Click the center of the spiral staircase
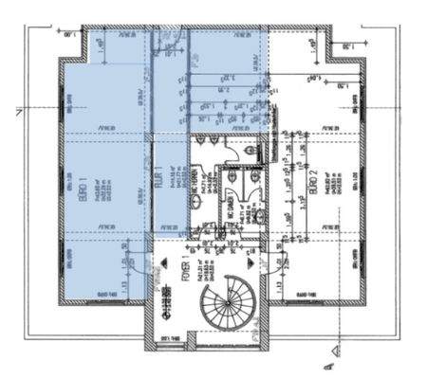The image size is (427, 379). pos(226,308)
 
